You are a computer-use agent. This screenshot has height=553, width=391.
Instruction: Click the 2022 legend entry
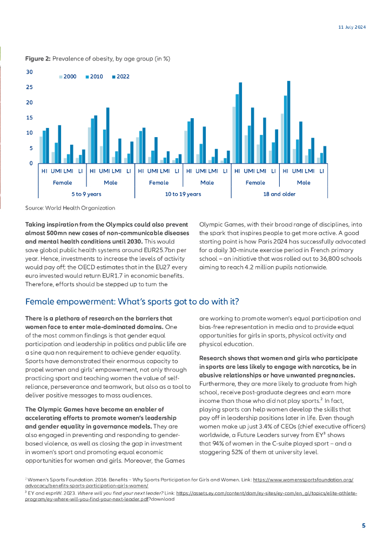pos(120,77)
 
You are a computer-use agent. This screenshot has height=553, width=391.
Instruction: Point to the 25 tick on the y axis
pos(30,87)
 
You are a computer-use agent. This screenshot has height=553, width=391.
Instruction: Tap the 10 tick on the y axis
pos(30,133)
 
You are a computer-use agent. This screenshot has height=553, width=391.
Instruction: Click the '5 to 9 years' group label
pos(86,194)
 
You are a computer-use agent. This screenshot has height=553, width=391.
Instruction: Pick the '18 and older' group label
pos(279,194)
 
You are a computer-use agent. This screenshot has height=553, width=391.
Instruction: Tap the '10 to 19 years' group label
pos(183,194)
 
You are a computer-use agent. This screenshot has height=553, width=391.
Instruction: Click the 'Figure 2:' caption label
pos(38,58)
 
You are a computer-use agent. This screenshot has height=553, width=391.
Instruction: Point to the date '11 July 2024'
pos(348,27)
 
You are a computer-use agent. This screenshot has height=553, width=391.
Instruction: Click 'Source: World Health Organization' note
pos(70,208)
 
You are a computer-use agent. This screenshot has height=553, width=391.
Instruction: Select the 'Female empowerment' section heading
pos(132,301)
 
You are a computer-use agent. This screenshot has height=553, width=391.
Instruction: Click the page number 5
pos(363,525)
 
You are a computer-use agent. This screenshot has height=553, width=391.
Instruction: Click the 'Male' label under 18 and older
pos(304,183)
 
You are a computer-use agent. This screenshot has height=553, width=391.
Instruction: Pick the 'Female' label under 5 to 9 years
pos(62,183)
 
